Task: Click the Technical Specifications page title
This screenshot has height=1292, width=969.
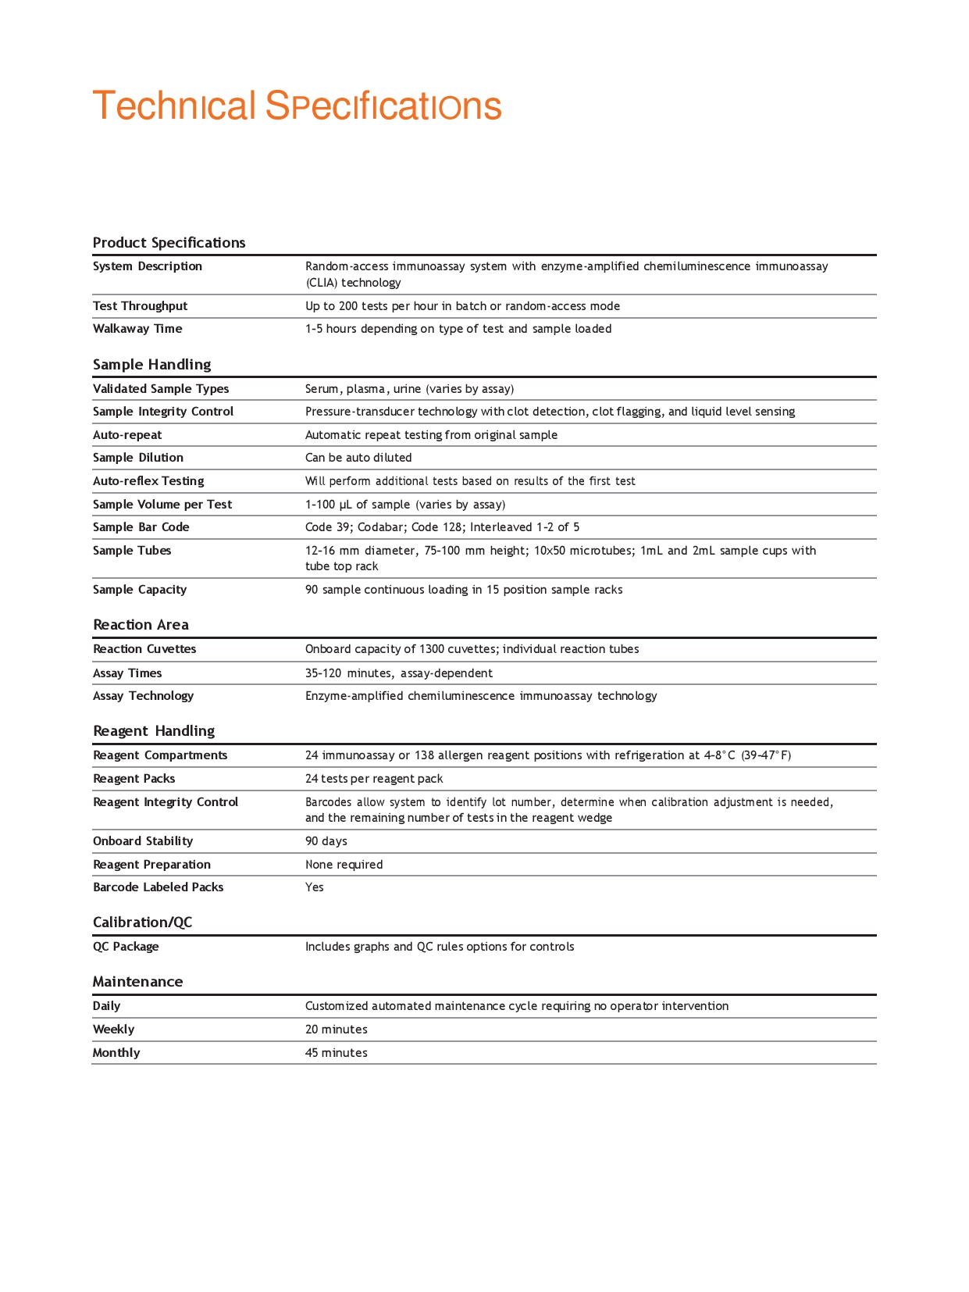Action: [297, 105]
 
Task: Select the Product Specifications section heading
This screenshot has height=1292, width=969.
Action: [169, 242]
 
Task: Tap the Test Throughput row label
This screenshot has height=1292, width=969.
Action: [140, 305]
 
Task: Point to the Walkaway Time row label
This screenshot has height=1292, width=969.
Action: [137, 328]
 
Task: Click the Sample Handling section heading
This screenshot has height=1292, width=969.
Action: [151, 364]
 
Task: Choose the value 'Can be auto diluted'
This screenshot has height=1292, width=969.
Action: [358, 457]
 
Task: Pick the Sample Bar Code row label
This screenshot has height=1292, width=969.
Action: [141, 526]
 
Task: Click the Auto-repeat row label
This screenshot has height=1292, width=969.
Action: [127, 434]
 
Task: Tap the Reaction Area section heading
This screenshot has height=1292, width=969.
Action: [141, 624]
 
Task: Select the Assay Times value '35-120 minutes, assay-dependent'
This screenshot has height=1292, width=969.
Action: [399, 673]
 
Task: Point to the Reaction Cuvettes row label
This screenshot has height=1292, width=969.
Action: [144, 648]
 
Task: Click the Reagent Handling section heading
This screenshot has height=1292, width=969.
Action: [154, 730]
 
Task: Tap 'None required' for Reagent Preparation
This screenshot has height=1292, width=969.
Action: [344, 864]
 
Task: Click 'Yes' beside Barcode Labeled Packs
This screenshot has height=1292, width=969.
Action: [315, 887]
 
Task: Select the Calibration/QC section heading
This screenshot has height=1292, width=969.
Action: [142, 922]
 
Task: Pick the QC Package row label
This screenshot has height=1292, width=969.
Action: [126, 946]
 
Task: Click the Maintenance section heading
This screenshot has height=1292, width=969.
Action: [137, 981]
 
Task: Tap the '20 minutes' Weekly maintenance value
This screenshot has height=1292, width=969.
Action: [336, 1029]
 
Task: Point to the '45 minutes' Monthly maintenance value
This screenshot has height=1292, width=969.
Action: [336, 1052]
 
